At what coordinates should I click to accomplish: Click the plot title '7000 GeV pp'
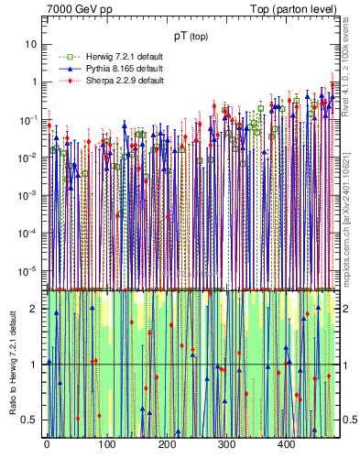[x=80, y=9]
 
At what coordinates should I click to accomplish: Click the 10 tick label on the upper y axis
[x=31, y=44]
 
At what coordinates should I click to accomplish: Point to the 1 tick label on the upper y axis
[x=34, y=82]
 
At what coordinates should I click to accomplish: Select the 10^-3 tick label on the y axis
[x=29, y=194]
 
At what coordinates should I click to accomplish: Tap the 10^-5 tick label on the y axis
[x=29, y=269]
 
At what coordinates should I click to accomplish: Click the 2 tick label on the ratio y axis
[x=35, y=309]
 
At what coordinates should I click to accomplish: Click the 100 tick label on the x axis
[x=106, y=444]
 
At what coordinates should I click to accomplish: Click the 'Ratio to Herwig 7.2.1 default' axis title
[x=12, y=361]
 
